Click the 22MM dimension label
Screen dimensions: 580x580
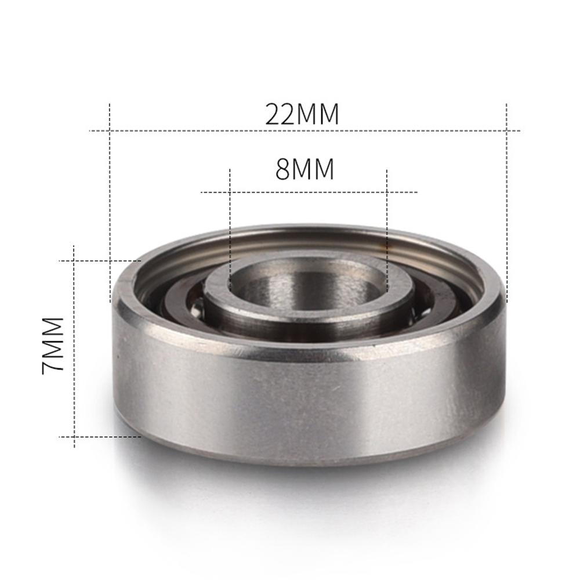(x=302, y=114)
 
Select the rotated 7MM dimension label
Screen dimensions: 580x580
(x=53, y=345)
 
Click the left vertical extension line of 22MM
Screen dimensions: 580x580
(x=110, y=203)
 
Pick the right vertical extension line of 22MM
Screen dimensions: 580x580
(x=507, y=203)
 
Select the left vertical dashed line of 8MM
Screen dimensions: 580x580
(x=230, y=232)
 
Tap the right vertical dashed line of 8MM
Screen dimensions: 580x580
(x=387, y=232)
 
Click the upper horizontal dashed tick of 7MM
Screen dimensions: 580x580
(x=99, y=261)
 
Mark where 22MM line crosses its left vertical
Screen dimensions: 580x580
(x=110, y=130)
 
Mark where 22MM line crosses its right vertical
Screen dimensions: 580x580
(x=507, y=130)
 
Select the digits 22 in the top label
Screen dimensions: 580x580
(x=281, y=114)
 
